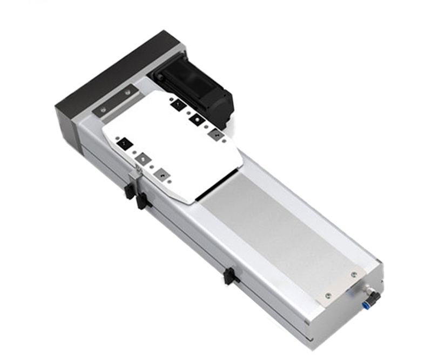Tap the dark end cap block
[108, 81]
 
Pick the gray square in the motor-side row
[214, 132]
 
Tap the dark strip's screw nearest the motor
[128, 93]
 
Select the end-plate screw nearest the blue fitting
[354, 274]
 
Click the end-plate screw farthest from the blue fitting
[327, 295]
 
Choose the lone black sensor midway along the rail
[229, 276]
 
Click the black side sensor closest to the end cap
[129, 190]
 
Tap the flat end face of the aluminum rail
[346, 319]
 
